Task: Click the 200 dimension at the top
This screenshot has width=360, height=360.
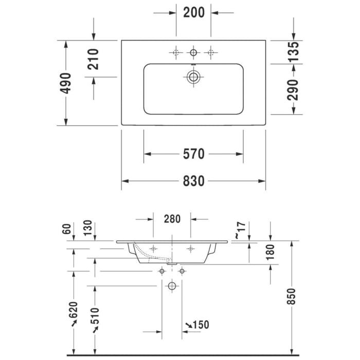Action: pos(194,13)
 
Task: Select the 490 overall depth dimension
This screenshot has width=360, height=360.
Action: pos(66,83)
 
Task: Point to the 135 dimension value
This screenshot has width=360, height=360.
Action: pos(293,52)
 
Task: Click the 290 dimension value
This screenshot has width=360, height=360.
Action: pos(293,89)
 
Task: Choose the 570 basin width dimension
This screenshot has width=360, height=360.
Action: pos(193,154)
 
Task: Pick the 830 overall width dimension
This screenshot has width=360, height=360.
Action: pos(193,181)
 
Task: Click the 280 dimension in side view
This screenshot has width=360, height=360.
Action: pos(172,219)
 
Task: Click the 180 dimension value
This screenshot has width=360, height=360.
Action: pos(271,251)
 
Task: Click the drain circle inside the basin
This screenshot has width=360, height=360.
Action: pos(193,78)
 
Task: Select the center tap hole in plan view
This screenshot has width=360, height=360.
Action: pos(193,52)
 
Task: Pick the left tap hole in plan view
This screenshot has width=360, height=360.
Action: pos(176,52)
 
